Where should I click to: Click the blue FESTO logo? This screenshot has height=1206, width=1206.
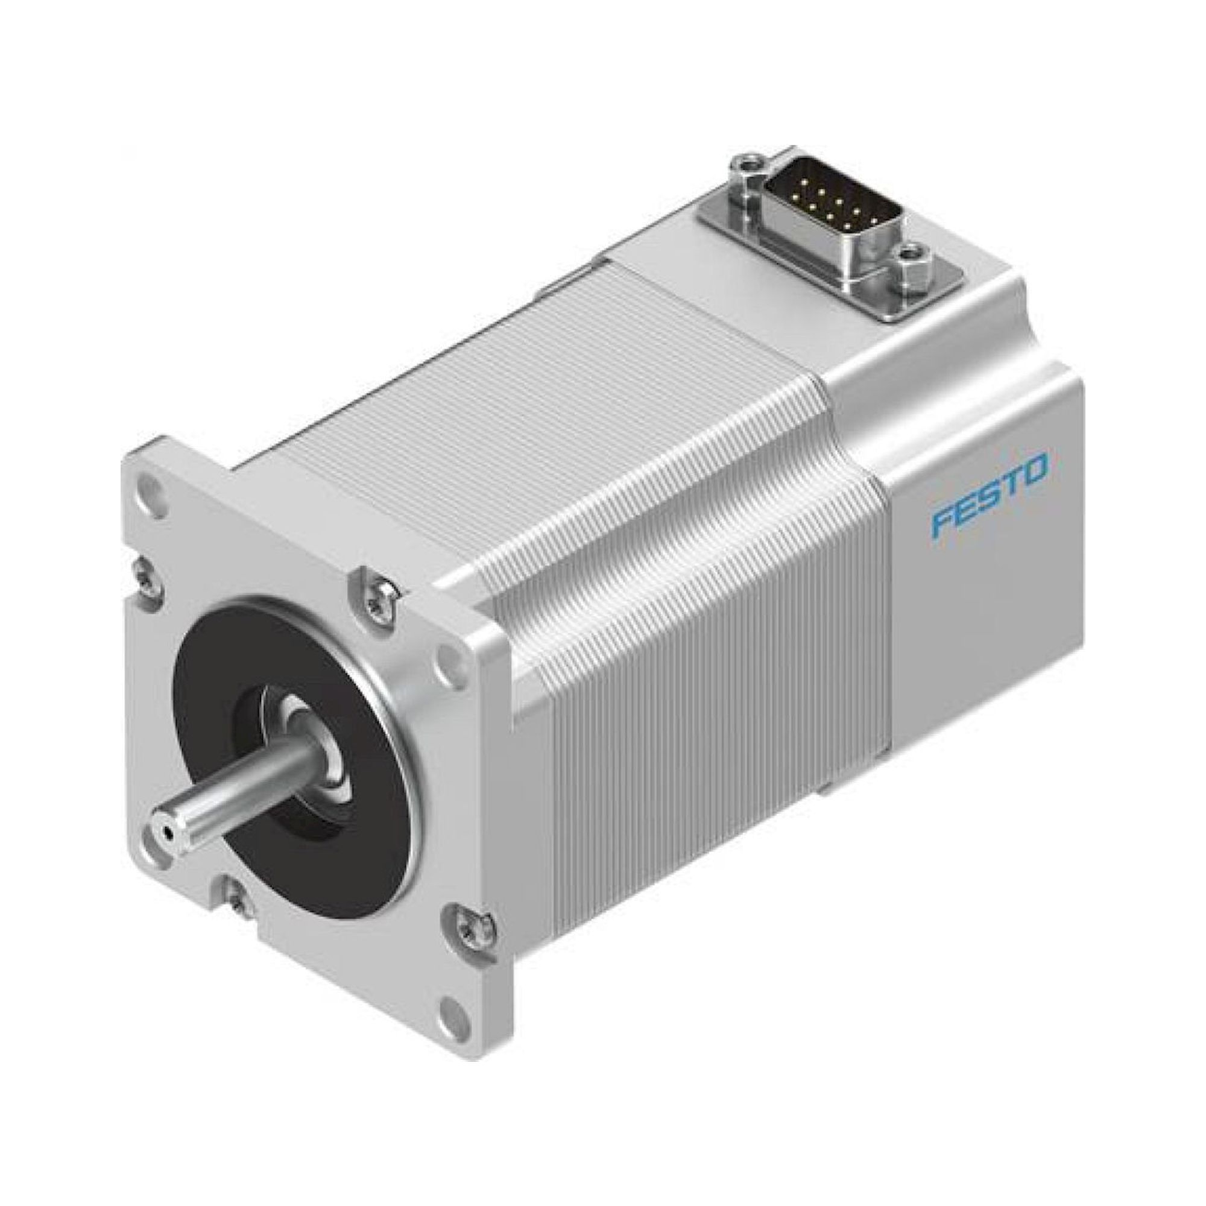coord(990,491)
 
